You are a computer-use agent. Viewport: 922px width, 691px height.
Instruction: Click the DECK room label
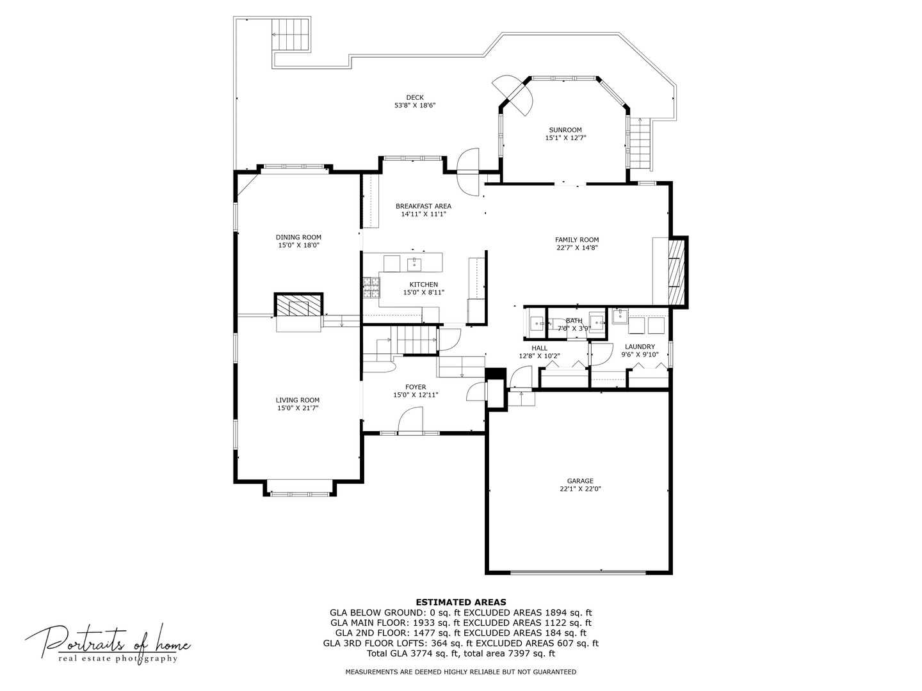point(414,97)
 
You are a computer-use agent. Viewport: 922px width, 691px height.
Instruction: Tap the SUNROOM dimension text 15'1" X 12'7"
point(565,138)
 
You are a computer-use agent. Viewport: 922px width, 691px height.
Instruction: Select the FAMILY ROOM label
point(576,240)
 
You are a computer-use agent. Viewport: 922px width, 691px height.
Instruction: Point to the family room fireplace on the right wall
point(676,272)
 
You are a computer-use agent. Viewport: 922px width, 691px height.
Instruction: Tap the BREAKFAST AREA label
point(423,206)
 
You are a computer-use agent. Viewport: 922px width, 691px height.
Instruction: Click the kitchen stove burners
point(370,287)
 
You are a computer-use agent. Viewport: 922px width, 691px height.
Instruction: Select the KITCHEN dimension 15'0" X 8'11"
point(423,292)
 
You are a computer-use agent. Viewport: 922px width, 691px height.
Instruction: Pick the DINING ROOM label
point(298,237)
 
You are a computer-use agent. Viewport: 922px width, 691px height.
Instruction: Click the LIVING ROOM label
point(298,400)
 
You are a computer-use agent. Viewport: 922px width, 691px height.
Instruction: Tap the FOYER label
point(416,387)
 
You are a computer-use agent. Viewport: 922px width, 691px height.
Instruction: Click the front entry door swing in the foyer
point(410,422)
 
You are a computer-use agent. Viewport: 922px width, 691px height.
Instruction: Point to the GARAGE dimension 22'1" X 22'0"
point(580,489)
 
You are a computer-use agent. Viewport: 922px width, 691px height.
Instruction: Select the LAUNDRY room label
point(640,346)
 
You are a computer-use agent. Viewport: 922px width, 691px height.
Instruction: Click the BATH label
point(574,321)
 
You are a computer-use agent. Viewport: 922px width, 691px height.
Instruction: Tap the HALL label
point(539,348)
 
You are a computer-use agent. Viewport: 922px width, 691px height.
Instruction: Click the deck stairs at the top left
point(291,35)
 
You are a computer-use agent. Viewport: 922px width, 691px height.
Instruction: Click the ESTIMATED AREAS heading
point(461,602)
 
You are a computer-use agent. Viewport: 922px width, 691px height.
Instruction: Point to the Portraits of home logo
point(108,643)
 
